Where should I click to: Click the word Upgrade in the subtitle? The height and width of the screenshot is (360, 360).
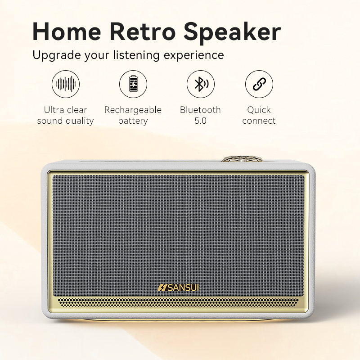56,56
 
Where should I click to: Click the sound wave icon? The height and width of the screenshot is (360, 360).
66,84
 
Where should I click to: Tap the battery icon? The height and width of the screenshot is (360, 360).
133,84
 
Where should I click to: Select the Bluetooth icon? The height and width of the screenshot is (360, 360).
201,84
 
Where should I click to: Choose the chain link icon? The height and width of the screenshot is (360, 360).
259,84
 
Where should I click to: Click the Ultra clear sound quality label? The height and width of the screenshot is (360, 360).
66,115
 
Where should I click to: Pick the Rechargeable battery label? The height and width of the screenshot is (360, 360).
133,115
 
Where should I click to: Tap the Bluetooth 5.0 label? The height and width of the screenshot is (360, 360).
200,115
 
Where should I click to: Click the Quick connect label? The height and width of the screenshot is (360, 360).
259,115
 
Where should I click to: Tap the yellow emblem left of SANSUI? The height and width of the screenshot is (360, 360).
162,287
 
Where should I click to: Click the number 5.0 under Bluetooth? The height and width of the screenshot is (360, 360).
200,121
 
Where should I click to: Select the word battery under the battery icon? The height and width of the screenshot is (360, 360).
133,121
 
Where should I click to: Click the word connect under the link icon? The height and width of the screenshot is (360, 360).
259,121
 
